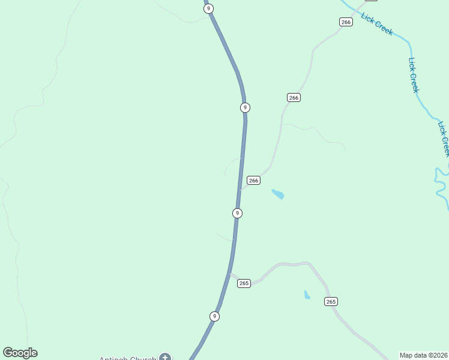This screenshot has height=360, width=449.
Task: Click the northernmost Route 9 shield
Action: [208, 8]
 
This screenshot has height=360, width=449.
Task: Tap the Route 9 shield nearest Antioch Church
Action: [214, 316]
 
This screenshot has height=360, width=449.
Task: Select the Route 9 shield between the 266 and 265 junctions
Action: [237, 213]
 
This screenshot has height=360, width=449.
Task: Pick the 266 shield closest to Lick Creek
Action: [345, 22]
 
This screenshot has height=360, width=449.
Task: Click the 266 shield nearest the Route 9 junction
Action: [253, 180]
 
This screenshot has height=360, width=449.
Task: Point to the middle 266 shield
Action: [293, 97]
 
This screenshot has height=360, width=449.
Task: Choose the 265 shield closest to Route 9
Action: [243, 283]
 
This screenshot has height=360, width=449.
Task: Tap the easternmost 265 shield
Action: [331, 301]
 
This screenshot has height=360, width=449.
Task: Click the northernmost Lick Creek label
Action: [377, 23]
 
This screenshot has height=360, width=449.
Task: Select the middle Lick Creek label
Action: [413, 75]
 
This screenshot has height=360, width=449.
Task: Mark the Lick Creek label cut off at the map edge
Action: [444, 139]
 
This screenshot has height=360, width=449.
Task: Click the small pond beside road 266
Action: [278, 194]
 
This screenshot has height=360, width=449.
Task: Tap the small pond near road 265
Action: [307, 295]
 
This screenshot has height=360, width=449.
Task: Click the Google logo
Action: [20, 353]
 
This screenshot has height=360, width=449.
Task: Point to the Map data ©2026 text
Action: [423, 355]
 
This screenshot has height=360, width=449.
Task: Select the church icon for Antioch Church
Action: [165, 358]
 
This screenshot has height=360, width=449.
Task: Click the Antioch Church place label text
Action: [128, 358]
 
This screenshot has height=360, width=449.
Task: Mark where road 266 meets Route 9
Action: [240, 190]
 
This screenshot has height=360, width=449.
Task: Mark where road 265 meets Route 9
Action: [229, 274]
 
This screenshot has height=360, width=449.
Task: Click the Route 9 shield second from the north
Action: [244, 107]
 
